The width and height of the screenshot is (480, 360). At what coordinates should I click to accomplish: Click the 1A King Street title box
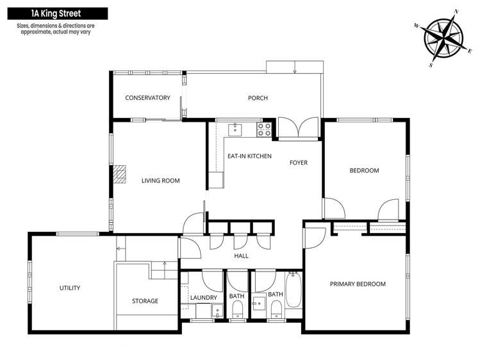tap(53, 13)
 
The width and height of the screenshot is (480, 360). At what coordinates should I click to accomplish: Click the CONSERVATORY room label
tap(147, 98)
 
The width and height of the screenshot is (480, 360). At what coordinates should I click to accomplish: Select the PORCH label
tap(258, 98)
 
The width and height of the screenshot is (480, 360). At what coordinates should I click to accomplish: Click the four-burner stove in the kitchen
tap(264, 130)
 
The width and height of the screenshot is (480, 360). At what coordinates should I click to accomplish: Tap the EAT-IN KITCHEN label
tap(249, 156)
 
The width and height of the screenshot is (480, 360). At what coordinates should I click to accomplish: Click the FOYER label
tap(299, 163)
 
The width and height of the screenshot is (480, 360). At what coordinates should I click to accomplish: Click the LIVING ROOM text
tap(160, 181)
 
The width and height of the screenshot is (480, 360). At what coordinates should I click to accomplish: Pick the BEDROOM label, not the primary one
tap(364, 171)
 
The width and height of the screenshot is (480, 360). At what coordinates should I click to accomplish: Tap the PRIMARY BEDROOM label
tap(358, 284)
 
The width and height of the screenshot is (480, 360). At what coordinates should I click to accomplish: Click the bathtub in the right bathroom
tap(294, 291)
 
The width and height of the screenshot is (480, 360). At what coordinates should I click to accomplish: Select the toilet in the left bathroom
tap(236, 311)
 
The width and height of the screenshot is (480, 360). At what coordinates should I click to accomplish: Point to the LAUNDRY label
tap(204, 298)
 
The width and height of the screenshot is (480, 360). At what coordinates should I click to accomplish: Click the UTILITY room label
tap(70, 288)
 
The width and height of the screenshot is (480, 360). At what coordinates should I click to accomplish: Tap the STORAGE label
tap(145, 301)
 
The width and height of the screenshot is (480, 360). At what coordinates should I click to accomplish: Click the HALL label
tap(242, 256)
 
